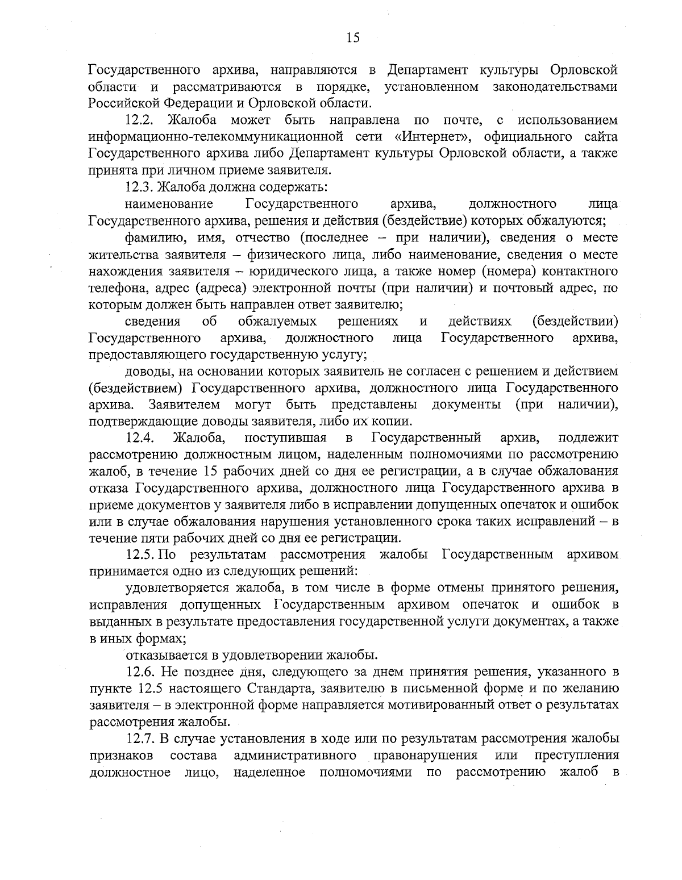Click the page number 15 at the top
[352, 38]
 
